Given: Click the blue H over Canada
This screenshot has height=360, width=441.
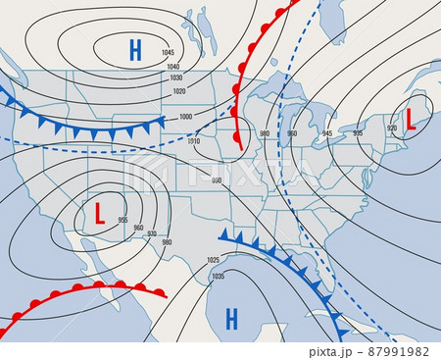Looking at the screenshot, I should (134, 47).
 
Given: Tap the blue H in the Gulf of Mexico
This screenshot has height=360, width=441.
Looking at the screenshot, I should (232, 317).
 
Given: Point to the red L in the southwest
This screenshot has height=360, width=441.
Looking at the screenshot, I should (99, 211).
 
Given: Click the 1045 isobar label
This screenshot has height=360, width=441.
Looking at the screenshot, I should (168, 52).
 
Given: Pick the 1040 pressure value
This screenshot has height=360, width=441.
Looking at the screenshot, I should (173, 66).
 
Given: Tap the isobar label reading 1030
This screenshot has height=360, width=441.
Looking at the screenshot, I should (175, 77).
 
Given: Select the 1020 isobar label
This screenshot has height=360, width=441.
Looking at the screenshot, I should (178, 91).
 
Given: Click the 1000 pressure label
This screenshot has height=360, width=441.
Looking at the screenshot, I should (186, 117).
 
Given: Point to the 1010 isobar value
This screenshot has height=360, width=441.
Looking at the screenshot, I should (193, 141).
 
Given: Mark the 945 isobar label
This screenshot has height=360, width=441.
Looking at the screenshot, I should (327, 132).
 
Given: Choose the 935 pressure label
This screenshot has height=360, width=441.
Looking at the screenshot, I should (358, 132).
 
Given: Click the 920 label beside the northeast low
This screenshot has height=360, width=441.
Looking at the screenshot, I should (392, 128).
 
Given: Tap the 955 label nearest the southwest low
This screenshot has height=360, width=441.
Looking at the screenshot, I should (122, 219).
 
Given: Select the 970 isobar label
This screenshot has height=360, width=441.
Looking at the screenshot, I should (152, 235).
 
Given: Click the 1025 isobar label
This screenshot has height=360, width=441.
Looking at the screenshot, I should (214, 260).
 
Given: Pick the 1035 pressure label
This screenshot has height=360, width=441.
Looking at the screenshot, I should (218, 277).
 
